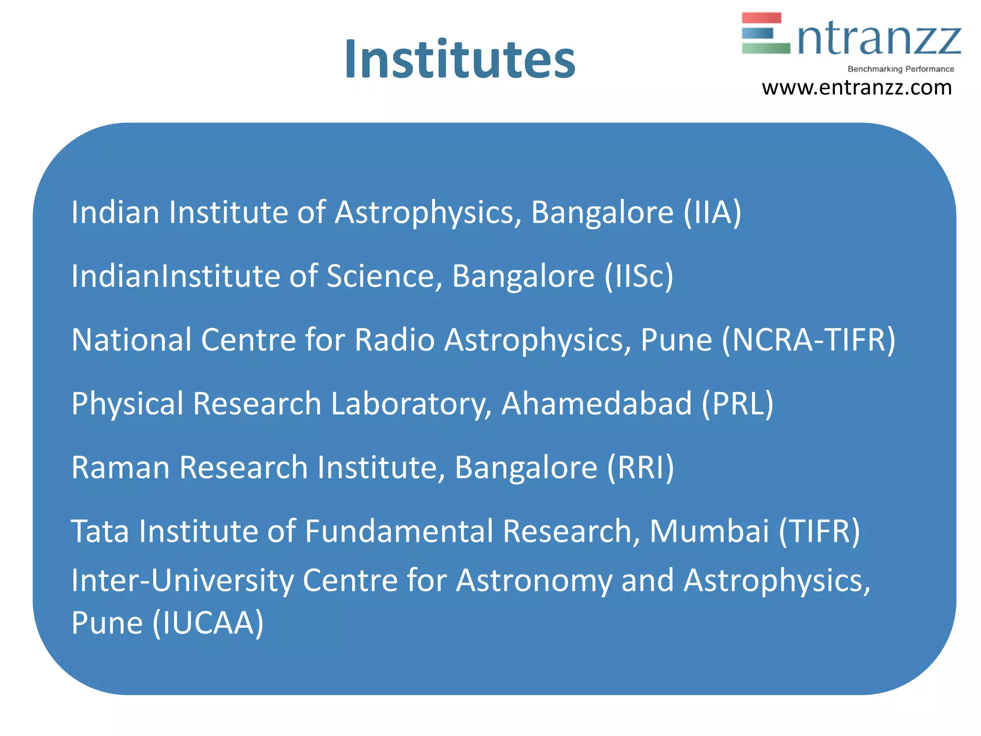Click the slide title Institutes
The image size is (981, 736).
tap(460, 60)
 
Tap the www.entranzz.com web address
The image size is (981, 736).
tap(856, 88)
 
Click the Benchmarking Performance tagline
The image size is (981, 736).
tap(901, 69)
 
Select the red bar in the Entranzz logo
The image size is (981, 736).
tap(761, 18)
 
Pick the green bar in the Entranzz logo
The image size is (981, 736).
tap(765, 48)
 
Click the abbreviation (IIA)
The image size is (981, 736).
tap(712, 212)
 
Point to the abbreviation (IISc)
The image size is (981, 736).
tap(639, 276)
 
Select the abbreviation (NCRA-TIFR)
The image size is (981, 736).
tap(808, 340)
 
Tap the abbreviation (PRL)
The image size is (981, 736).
tap(737, 404)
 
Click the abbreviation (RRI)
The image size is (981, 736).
tap(640, 468)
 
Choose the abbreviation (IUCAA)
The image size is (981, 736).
tap(208, 623)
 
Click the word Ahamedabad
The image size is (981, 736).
tap(596, 404)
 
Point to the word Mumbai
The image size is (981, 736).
tap(709, 531)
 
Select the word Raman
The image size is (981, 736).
tap(120, 468)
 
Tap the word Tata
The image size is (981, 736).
tap(100, 531)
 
